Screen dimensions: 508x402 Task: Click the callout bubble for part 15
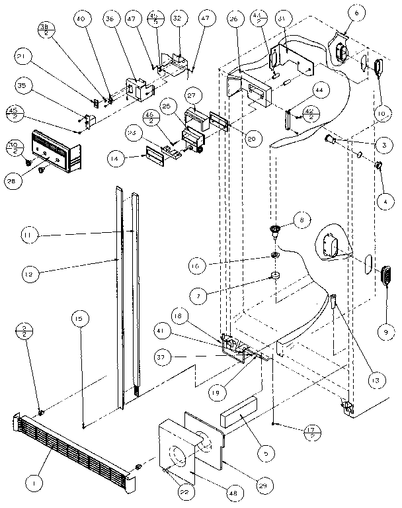pos(79,319)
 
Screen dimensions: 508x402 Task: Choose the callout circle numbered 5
pos(265,454)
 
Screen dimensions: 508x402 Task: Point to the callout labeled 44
pos(317,89)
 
